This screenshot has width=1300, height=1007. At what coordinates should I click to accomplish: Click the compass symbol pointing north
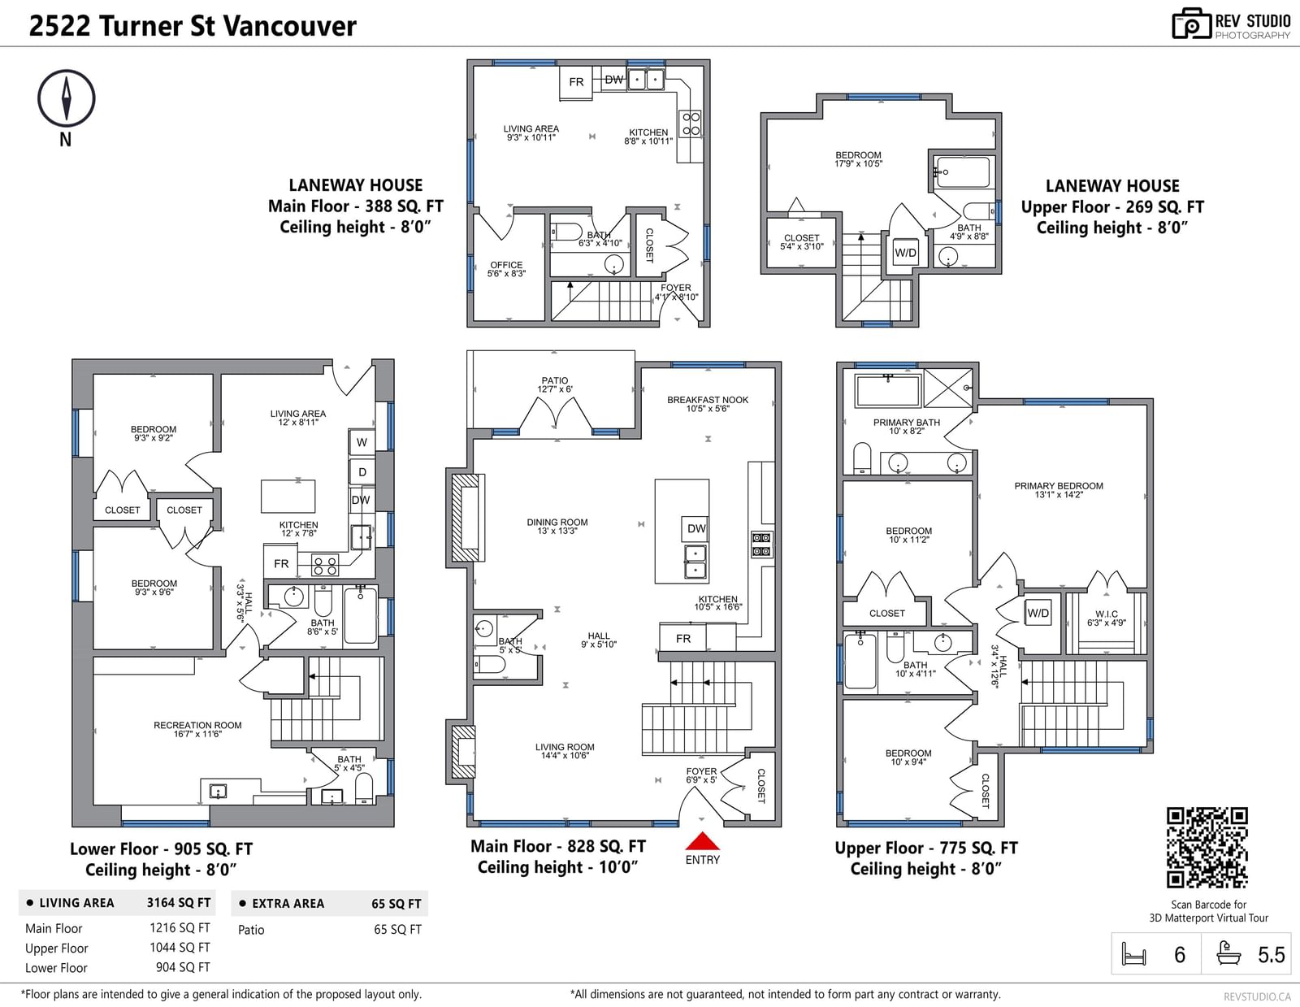67,98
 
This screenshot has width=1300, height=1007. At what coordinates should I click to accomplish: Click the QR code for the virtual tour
1207,847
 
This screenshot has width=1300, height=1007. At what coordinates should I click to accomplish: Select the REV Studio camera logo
1192,24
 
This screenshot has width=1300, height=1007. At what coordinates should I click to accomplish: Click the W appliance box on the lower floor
362,442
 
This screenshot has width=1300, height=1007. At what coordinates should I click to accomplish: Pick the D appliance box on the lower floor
362,471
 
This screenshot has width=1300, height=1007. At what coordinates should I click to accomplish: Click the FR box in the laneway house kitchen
575,82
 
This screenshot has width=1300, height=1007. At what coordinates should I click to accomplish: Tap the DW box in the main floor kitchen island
695,528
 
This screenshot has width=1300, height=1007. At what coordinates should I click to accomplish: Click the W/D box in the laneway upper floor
905,253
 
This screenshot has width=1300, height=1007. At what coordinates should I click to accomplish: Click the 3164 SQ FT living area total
178,902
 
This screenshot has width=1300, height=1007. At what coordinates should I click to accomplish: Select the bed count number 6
1180,955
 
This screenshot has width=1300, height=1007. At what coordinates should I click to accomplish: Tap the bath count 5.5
1272,955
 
